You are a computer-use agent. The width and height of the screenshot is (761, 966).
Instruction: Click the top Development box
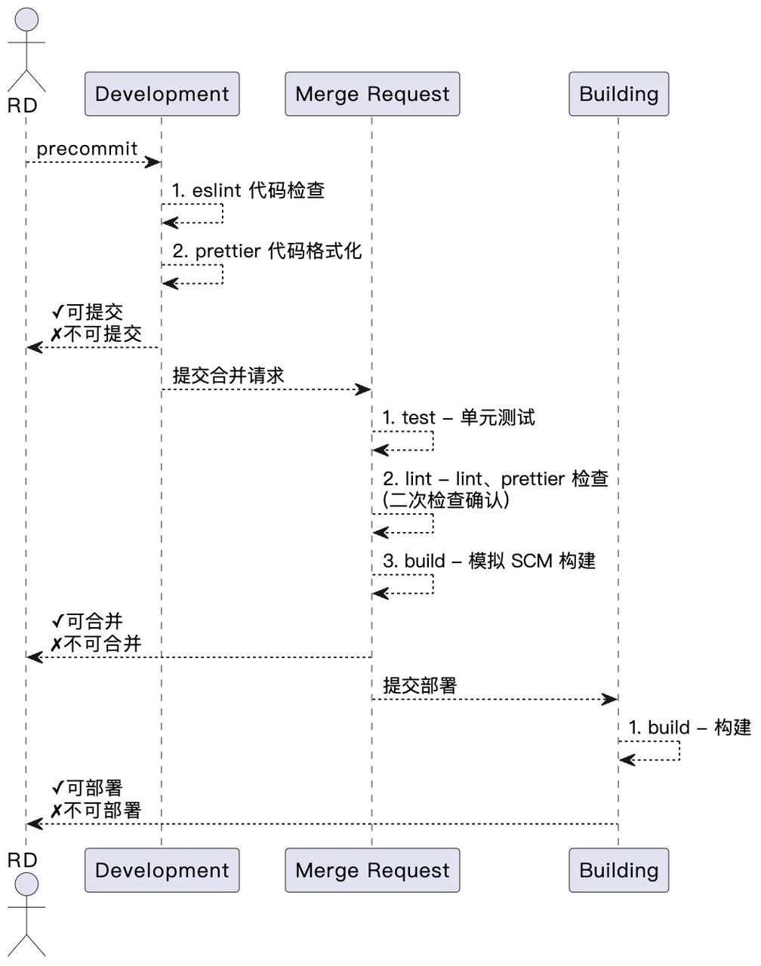pyautogui.click(x=162, y=94)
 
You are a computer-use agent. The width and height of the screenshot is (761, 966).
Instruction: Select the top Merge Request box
pyautogui.click(x=372, y=94)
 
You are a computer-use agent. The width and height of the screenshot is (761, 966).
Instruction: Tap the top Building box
pyautogui.click(x=618, y=94)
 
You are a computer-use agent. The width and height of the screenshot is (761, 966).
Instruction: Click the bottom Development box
pyautogui.click(x=162, y=870)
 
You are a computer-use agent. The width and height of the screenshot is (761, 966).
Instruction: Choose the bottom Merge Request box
pyautogui.click(x=372, y=870)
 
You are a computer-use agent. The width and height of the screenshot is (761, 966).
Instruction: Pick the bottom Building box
pyautogui.click(x=618, y=870)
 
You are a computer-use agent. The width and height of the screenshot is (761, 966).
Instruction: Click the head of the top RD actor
pyautogui.click(x=26, y=20)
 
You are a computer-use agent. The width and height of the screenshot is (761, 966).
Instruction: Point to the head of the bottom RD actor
pyautogui.click(x=26, y=884)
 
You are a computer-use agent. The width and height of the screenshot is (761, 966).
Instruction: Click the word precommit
pyautogui.click(x=87, y=149)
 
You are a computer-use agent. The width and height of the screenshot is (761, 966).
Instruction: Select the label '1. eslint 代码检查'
pyautogui.click(x=248, y=190)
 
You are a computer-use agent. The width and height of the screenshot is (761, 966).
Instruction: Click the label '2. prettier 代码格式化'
pyautogui.click(x=267, y=251)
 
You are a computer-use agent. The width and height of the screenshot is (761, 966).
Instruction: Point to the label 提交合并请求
pyautogui.click(x=229, y=375)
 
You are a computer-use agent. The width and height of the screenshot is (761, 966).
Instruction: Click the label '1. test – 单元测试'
pyautogui.click(x=459, y=417)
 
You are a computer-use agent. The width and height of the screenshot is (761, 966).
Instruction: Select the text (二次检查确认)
pyautogui.click(x=446, y=500)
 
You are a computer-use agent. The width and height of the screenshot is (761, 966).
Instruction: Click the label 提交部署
pyautogui.click(x=420, y=685)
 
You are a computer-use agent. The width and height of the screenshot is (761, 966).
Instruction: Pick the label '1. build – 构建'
pyautogui.click(x=689, y=728)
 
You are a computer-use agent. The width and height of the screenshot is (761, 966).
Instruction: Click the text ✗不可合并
pyautogui.click(x=96, y=645)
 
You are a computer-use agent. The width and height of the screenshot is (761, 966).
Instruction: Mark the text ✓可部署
pyautogui.click(x=87, y=788)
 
